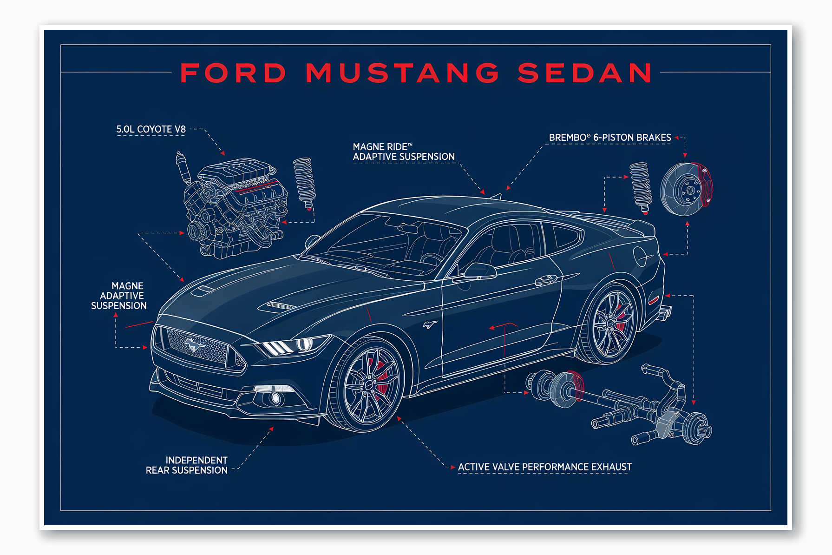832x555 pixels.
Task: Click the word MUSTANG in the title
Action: tap(402, 73)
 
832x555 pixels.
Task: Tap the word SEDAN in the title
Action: tap(585, 73)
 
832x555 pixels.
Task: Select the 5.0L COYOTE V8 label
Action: tap(151, 129)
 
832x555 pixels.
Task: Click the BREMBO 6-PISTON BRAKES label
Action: tap(610, 138)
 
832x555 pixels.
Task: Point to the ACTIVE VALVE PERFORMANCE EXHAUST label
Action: tap(544, 467)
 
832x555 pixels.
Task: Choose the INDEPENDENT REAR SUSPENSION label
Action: tap(187, 465)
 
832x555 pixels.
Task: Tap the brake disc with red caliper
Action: tap(685, 189)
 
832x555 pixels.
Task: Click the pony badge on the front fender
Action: tap(430, 324)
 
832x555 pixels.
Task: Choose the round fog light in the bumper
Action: tap(275, 398)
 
